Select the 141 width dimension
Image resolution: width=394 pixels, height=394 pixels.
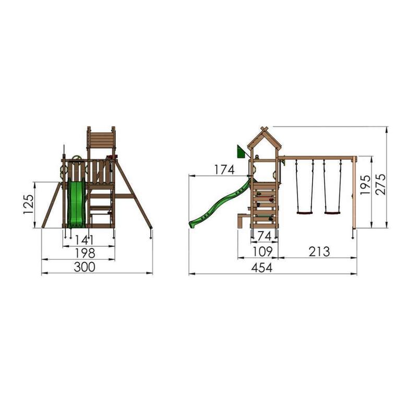coord(84,241)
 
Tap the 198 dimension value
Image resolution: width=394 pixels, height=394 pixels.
coord(85,253)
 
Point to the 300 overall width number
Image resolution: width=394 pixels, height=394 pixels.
coord(85,267)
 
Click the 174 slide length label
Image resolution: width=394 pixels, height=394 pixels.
coord(224,170)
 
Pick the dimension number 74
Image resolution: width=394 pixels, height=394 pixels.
coord(265,235)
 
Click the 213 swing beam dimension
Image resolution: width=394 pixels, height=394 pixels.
coord(319,252)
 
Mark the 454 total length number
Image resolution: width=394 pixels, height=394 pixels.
coord(262,268)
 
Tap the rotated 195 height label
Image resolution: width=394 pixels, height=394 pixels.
coord(366,185)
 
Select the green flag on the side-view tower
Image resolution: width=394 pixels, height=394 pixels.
coord(241,152)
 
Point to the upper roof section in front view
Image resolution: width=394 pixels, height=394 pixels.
coord(101,138)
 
